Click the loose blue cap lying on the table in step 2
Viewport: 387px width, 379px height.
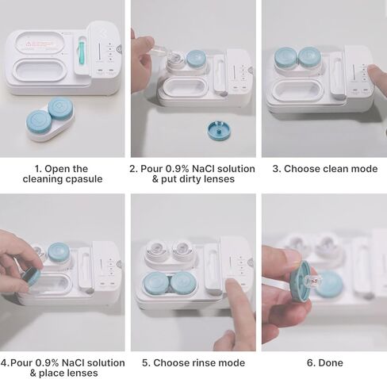[219, 130]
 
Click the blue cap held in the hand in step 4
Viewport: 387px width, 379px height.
[32, 276]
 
